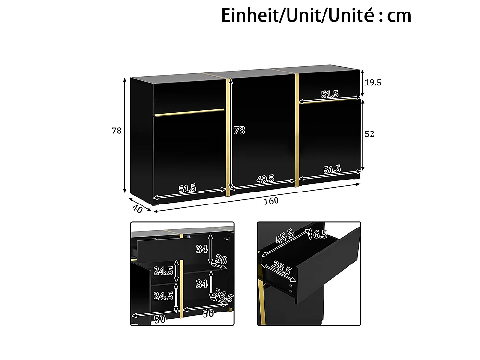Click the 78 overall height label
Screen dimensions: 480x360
tap(117, 131)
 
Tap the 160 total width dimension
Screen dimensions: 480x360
tap(271, 201)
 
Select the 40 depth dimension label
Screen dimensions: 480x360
tap(138, 209)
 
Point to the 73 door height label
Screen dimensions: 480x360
tap(240, 131)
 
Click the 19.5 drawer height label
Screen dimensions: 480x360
tap(373, 83)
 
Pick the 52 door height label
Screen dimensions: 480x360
tap(370, 134)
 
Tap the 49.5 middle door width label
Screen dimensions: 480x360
tap(265, 179)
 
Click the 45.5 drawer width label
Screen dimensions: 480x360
tap(285, 236)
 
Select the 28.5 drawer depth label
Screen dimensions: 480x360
tap(281, 267)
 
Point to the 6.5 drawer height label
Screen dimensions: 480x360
tap(320, 234)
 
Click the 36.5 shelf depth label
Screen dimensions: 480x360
tap(224, 295)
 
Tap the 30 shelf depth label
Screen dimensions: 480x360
tap(221, 260)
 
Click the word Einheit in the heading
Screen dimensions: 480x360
tap(249, 16)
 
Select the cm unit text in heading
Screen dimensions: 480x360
tap(399, 16)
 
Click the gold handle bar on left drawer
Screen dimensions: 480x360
tap(189, 112)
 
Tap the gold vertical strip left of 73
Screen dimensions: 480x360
tap(228, 137)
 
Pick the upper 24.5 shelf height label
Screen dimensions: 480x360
tap(163, 271)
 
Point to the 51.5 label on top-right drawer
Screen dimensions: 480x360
tap(330, 94)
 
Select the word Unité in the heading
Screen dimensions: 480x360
tap(351, 16)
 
